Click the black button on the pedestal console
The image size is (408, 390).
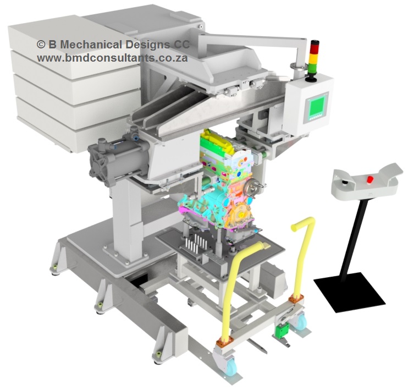coord(345,182)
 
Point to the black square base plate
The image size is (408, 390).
coord(350,292)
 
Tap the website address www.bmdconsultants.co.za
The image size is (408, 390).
coord(112,58)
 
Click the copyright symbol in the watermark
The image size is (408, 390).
coord(41,45)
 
